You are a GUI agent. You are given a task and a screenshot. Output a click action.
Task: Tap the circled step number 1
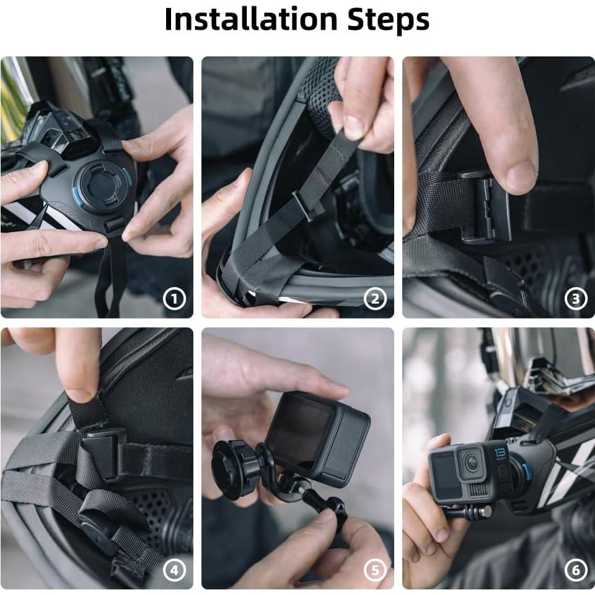[x=174, y=299]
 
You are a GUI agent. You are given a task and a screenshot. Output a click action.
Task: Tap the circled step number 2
[x=375, y=299]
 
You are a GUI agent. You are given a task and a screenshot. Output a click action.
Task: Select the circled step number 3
[x=576, y=299]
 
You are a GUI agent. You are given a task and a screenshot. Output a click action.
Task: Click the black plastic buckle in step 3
[x=487, y=208]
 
